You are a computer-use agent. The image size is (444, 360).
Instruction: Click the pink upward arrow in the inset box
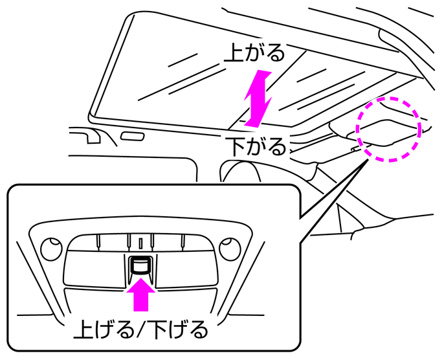point(140,297)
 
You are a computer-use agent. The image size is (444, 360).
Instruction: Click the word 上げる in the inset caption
point(101,332)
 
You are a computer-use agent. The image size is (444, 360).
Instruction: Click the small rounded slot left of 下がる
point(132,137)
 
